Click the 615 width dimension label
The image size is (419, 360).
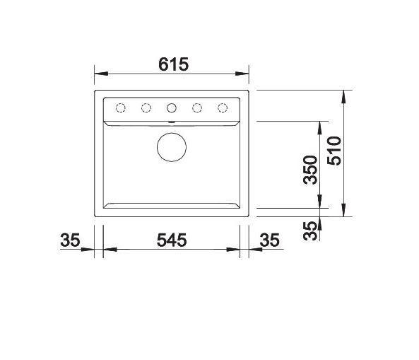point(173,64)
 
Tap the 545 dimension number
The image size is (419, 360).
point(172,240)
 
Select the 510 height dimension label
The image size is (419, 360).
point(334,151)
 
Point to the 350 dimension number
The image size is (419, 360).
point(310,170)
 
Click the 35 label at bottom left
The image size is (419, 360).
point(70,240)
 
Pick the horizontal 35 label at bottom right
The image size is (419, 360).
point(269,240)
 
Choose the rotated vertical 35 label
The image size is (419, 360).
point(310,231)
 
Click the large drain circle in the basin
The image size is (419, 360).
point(172,147)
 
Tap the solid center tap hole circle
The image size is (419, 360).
point(171,108)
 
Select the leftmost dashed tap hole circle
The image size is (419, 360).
point(121,108)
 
